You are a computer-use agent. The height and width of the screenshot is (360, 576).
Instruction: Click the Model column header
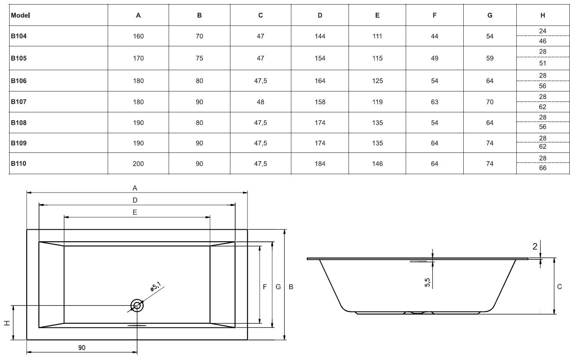click(x=20, y=15)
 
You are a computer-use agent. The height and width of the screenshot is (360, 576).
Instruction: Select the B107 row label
click(x=18, y=102)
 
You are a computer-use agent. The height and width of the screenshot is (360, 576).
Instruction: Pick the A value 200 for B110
click(x=138, y=164)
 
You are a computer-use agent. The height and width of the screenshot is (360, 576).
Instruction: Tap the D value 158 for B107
click(x=320, y=102)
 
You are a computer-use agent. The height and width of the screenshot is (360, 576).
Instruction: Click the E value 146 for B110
click(x=377, y=164)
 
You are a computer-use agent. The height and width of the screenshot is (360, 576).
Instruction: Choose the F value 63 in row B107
click(x=435, y=102)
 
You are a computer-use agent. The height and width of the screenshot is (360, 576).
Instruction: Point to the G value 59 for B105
click(x=490, y=58)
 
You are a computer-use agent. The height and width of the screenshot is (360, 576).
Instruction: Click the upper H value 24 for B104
click(x=543, y=31)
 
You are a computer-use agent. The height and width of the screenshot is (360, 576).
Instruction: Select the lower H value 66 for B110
click(x=543, y=168)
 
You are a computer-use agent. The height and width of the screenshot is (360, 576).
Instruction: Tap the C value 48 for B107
click(x=260, y=102)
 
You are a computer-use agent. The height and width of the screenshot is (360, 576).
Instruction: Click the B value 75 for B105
click(x=199, y=58)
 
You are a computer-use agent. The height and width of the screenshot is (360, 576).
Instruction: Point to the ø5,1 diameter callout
click(x=156, y=286)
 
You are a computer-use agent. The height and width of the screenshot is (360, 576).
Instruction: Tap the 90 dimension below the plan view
click(x=82, y=347)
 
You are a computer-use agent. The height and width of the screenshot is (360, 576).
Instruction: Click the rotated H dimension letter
click(x=7, y=323)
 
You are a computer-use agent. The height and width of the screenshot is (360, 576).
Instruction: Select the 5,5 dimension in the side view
click(x=427, y=282)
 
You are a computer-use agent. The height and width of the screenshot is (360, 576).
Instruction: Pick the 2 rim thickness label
click(x=535, y=246)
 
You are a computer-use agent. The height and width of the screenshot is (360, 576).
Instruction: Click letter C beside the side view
click(x=560, y=286)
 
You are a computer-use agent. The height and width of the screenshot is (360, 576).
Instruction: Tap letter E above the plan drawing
click(x=135, y=212)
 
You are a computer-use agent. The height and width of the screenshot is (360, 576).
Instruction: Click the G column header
click(x=490, y=15)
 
